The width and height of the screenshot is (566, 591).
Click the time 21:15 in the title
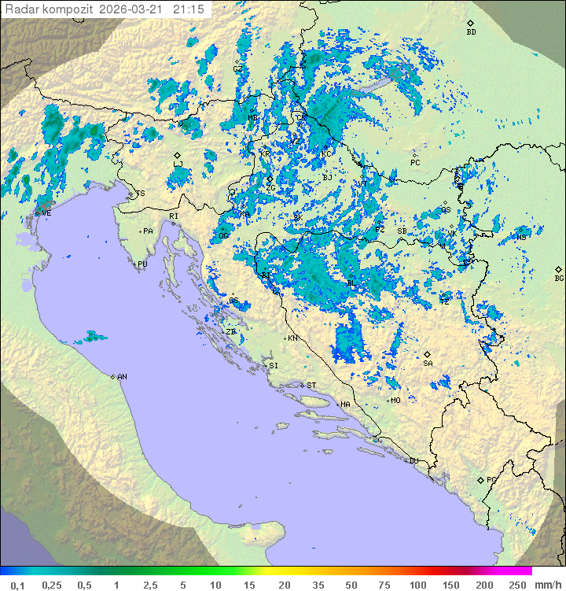coord(189,8)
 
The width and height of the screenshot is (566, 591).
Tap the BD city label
coord(471,32)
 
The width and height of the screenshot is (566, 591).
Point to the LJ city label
coord(178,164)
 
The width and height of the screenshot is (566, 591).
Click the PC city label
coord(415,163)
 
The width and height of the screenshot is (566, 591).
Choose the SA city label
coord(428,364)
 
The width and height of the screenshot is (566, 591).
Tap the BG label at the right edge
coord(559,279)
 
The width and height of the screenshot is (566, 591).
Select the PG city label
coord(491,479)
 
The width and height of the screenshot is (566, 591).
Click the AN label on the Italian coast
coord(122,377)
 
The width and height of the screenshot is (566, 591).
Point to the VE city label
coord(46,213)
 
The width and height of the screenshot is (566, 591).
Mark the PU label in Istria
coord(142,264)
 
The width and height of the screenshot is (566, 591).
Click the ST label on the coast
coord(311,386)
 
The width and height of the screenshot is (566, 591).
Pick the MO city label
coord(395,401)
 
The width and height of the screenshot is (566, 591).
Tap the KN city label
coord(292,338)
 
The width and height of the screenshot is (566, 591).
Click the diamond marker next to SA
coord(428,354)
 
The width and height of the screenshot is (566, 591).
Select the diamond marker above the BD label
coord(470,23)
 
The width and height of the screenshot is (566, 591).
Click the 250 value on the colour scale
coord(516,585)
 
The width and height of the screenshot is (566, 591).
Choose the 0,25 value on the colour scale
coord(52,585)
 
